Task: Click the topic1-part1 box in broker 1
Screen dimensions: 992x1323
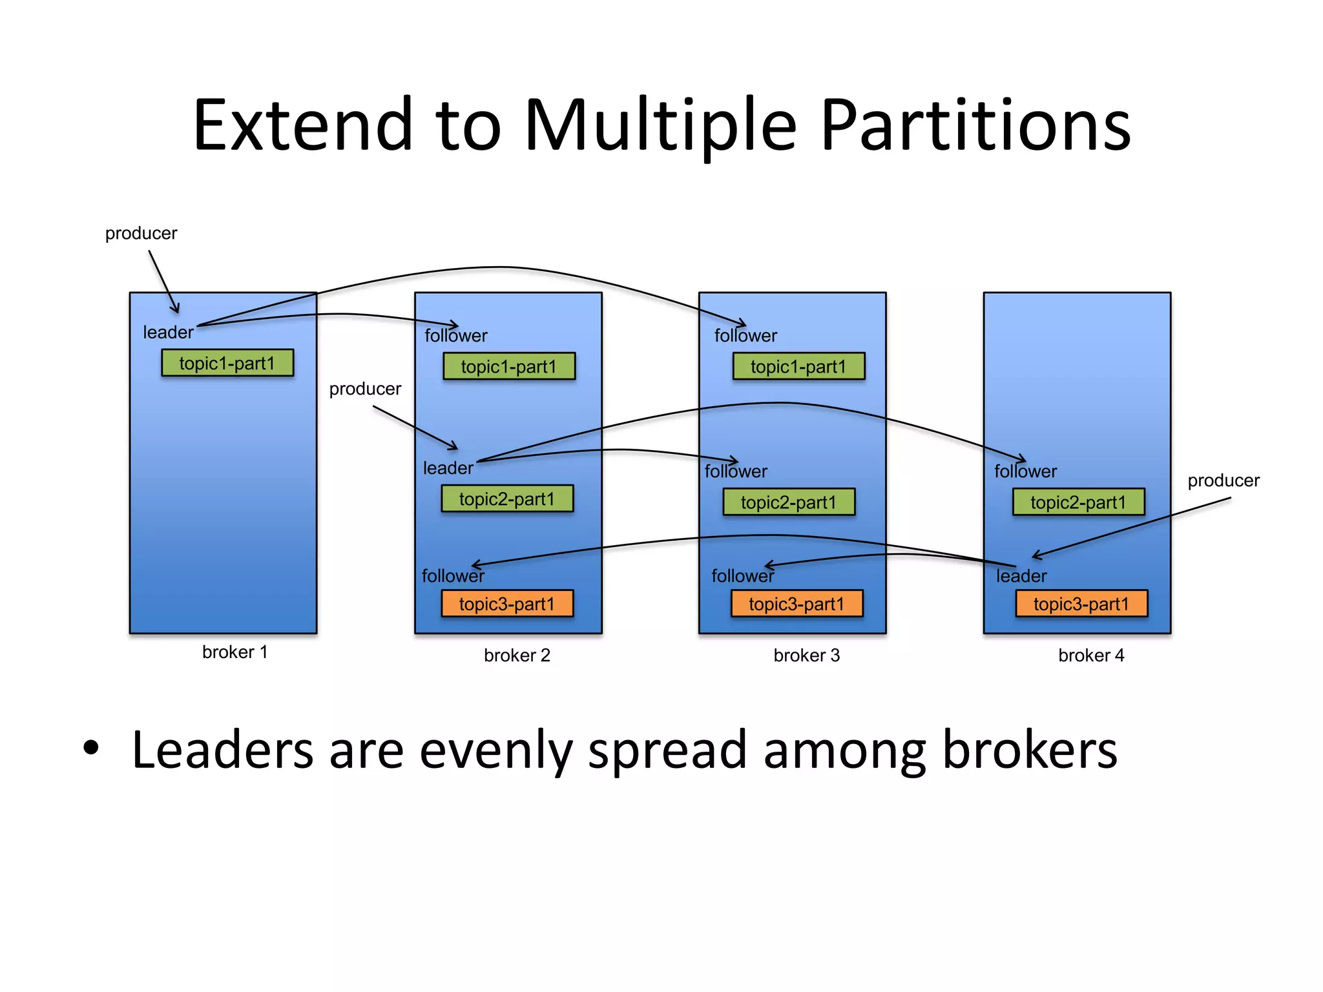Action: [x=227, y=363]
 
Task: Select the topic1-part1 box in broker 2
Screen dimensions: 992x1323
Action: [x=509, y=366]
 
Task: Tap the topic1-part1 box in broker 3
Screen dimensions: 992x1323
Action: [x=798, y=366]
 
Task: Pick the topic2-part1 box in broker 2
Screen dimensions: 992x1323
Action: [x=507, y=499]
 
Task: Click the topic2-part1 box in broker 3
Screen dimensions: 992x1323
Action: [x=789, y=502]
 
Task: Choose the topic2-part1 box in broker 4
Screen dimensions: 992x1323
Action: [x=1078, y=502]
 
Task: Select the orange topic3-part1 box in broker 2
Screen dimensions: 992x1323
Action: [x=507, y=604]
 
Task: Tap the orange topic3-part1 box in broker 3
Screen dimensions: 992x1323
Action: [x=797, y=604]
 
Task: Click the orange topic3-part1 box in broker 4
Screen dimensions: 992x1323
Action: [x=1081, y=604]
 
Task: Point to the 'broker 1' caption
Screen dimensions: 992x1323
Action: [x=234, y=652]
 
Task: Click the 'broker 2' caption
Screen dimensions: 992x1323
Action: [x=517, y=656]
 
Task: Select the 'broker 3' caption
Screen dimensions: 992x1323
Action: [x=806, y=656]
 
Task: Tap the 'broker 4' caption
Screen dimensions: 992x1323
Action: [x=1091, y=656]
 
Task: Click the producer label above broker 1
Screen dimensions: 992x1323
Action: [x=141, y=233]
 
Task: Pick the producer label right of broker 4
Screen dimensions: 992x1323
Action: [x=1224, y=480]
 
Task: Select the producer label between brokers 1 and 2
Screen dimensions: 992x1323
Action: [x=365, y=389]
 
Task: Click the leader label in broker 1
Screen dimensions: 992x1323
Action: [x=168, y=333]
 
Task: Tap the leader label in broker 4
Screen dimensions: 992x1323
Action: [x=1021, y=576]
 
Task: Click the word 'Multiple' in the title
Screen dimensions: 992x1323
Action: [x=660, y=126]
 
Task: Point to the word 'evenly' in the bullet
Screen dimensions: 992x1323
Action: [x=495, y=751]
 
